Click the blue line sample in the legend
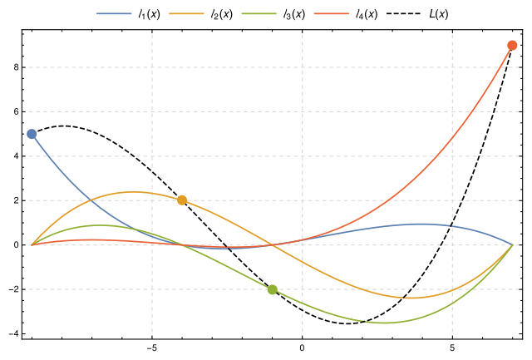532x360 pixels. [114, 13]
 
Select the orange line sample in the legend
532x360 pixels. [186, 13]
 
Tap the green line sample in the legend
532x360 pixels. [259, 13]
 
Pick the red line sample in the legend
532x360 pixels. [331, 13]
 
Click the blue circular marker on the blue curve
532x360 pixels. [32, 134]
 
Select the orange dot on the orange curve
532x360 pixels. [182, 200]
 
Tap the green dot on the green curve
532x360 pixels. [272, 289]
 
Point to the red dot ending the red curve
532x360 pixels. [512, 46]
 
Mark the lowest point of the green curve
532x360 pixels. [384, 323]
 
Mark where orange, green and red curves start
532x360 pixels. [32, 245]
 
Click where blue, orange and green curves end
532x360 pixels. [512, 245]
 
